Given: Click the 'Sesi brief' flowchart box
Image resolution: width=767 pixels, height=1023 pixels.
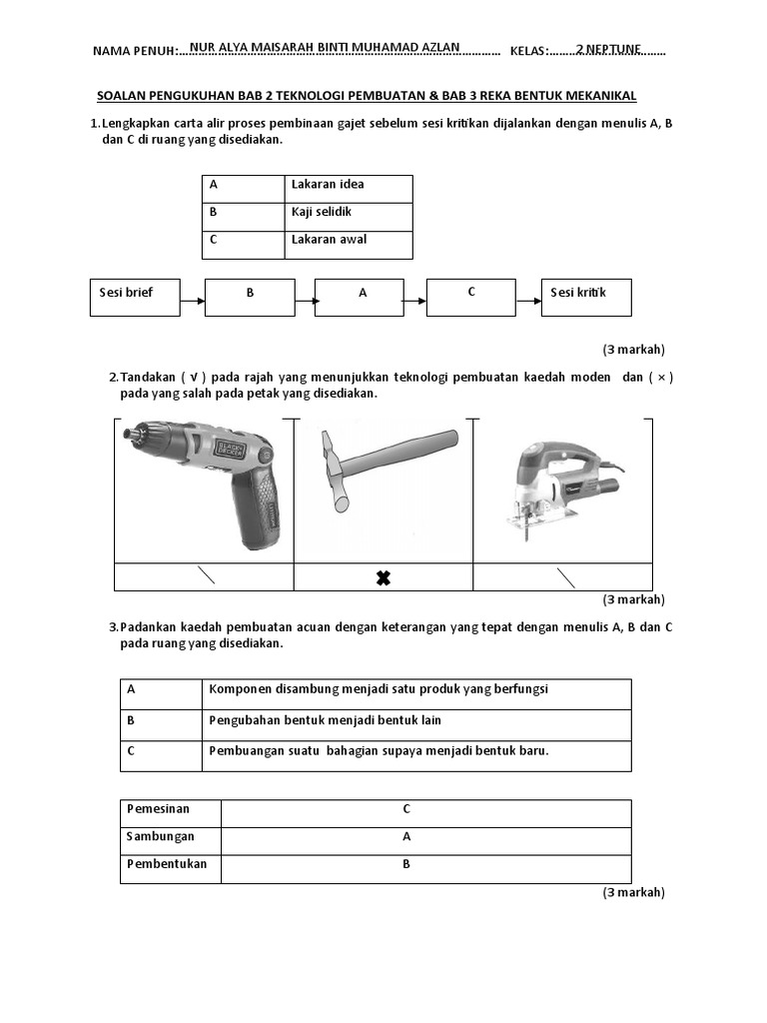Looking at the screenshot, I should pos(135,298).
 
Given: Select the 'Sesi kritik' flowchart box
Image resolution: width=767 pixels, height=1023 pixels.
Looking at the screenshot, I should pos(585,298).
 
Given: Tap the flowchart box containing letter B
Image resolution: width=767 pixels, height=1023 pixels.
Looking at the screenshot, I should pos(250,298).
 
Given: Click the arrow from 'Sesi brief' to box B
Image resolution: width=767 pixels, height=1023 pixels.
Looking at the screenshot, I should pos(192,298).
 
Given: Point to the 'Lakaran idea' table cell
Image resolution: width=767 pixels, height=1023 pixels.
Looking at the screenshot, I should pos(348,189).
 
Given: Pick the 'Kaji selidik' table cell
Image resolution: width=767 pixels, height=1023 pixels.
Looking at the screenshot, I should pos(348,217).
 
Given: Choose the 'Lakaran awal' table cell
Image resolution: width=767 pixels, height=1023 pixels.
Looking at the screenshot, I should pos(348,245).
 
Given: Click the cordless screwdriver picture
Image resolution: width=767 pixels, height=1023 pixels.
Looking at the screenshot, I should pos(205,480).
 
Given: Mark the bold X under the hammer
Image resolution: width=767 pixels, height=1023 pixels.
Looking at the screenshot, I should pos(383,578).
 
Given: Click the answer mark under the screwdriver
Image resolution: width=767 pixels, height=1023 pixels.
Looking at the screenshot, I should pos(206,576).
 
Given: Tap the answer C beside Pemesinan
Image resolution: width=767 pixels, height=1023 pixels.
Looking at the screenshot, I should pos(406,809).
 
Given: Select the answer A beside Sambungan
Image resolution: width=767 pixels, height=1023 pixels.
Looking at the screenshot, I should pos(406,837).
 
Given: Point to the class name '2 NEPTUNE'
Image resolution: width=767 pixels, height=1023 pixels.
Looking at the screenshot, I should pos(608,47).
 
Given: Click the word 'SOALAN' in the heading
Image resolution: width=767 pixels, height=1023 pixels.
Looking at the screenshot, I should pos(123,96).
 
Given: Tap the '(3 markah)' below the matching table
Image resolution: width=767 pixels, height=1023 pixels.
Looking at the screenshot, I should pos(633,892).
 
